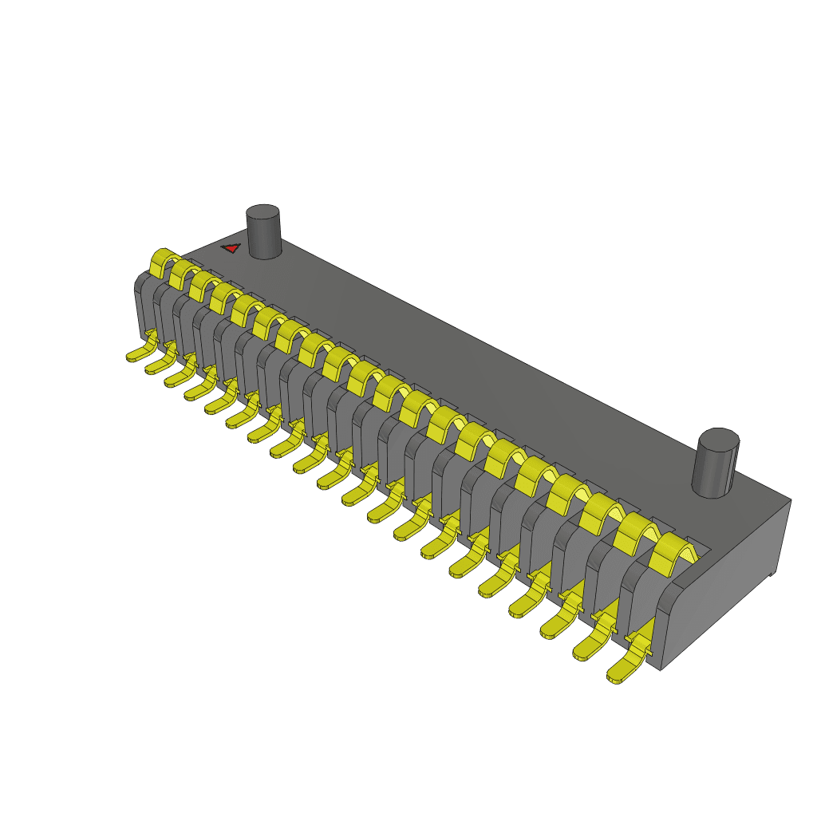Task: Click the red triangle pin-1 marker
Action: point(231,248)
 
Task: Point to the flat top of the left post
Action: point(262,213)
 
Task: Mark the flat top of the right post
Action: point(719,440)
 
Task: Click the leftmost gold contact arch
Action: point(162,262)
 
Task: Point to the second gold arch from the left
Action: point(183,272)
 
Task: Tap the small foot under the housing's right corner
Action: point(772,574)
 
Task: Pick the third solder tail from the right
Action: point(558,623)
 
